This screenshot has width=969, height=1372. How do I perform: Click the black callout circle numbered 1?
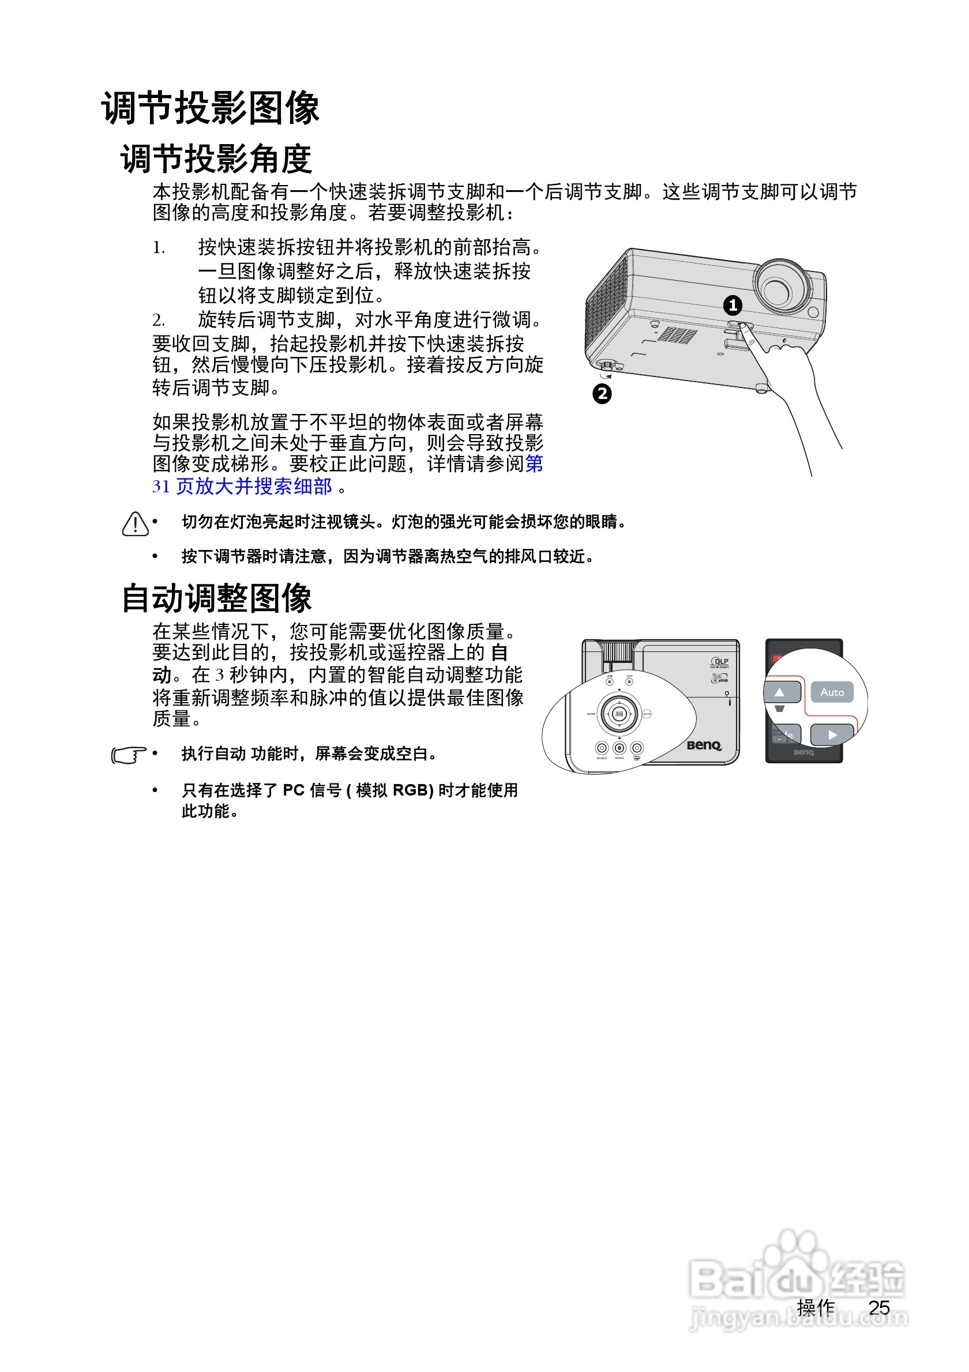coord(733,306)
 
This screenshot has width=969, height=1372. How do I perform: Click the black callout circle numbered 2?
coord(602,394)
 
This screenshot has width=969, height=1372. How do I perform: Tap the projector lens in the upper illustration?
coord(776,290)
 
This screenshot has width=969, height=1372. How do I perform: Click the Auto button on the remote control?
coord(832,692)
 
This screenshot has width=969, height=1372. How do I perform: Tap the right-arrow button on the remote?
coord(832,734)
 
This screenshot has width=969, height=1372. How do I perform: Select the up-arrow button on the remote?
coord(779,692)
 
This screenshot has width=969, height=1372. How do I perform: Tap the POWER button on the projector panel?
coord(619,748)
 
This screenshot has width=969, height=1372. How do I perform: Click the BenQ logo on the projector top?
coord(704,745)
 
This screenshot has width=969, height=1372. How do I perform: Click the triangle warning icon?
coord(135,523)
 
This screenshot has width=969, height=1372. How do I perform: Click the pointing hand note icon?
coord(128,755)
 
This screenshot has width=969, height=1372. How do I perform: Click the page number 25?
coord(879,1307)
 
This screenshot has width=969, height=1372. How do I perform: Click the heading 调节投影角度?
coord(216,159)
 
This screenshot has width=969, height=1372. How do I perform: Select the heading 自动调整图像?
coord(216,598)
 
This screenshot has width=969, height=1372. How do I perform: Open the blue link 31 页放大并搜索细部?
coord(242,487)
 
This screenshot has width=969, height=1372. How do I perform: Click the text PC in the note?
coord(294,790)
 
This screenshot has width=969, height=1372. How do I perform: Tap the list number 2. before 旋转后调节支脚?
coord(159,321)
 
